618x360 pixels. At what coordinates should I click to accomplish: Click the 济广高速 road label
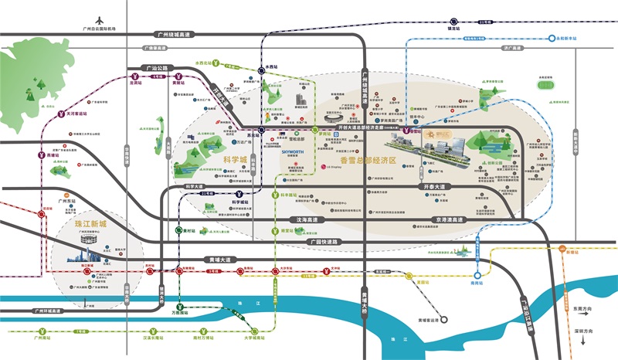pos(508,47)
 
